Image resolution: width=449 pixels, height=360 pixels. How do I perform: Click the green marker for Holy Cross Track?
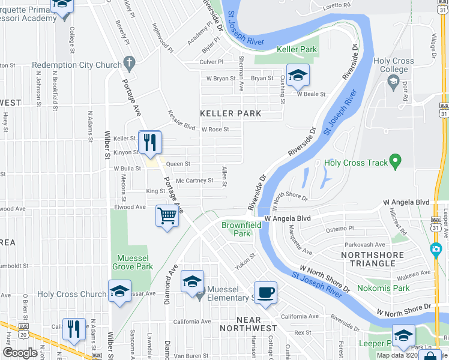394,161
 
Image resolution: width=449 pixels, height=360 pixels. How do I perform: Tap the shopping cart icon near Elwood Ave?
167,215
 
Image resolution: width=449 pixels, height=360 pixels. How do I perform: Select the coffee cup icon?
265,292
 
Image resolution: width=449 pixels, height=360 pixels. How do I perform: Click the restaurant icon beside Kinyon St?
149,142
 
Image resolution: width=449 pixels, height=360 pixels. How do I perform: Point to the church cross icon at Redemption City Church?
128,62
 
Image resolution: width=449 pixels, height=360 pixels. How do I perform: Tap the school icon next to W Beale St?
297,75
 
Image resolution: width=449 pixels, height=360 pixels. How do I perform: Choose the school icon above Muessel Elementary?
192,281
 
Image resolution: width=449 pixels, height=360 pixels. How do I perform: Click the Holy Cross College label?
394,65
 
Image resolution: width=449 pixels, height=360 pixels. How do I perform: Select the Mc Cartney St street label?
194,181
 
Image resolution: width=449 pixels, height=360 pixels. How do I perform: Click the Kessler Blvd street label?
182,119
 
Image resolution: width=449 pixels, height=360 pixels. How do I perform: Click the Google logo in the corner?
20,353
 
